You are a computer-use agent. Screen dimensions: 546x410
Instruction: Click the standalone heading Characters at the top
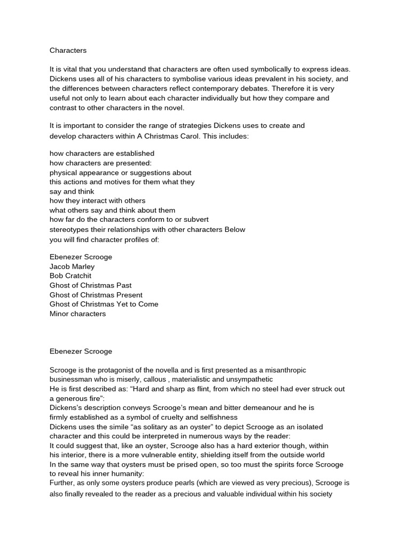click(68, 51)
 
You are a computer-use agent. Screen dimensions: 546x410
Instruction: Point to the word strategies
click(185, 126)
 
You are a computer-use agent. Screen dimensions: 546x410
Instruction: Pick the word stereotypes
click(72, 229)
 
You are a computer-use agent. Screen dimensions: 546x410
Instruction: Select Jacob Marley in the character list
click(72, 266)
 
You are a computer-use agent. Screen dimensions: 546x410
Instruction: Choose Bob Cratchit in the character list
click(70, 276)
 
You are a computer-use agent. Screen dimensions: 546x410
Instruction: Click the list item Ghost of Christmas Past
click(90, 285)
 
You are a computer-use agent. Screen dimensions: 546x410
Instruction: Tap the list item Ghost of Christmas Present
click(96, 295)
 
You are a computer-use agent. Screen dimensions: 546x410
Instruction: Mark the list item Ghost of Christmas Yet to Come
click(104, 304)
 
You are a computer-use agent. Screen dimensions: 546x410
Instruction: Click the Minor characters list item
click(77, 314)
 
